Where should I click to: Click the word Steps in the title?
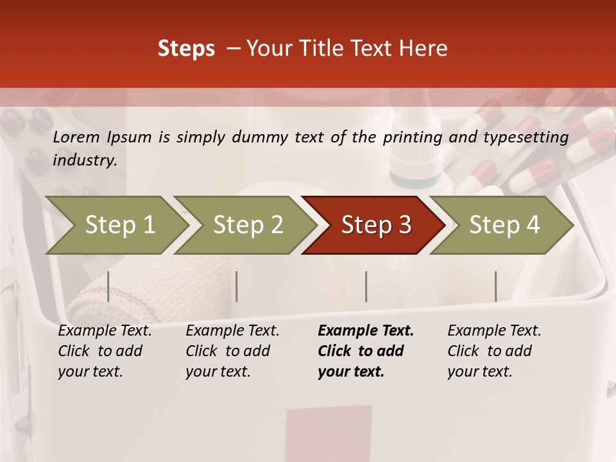pyautogui.click(x=186, y=49)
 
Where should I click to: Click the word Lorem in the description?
pyautogui.click(x=76, y=137)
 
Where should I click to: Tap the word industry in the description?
pyautogui.click(x=85, y=160)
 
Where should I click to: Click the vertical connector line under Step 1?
pyautogui.click(x=108, y=286)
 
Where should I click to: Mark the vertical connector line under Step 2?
pyautogui.click(x=237, y=286)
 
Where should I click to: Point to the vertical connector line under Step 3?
pyautogui.click(x=366, y=286)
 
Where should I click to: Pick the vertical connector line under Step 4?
pyautogui.click(x=495, y=286)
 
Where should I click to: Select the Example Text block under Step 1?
pyautogui.click(x=104, y=351)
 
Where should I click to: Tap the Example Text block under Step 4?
pyautogui.click(x=493, y=351)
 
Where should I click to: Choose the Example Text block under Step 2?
pyautogui.click(x=232, y=351)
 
